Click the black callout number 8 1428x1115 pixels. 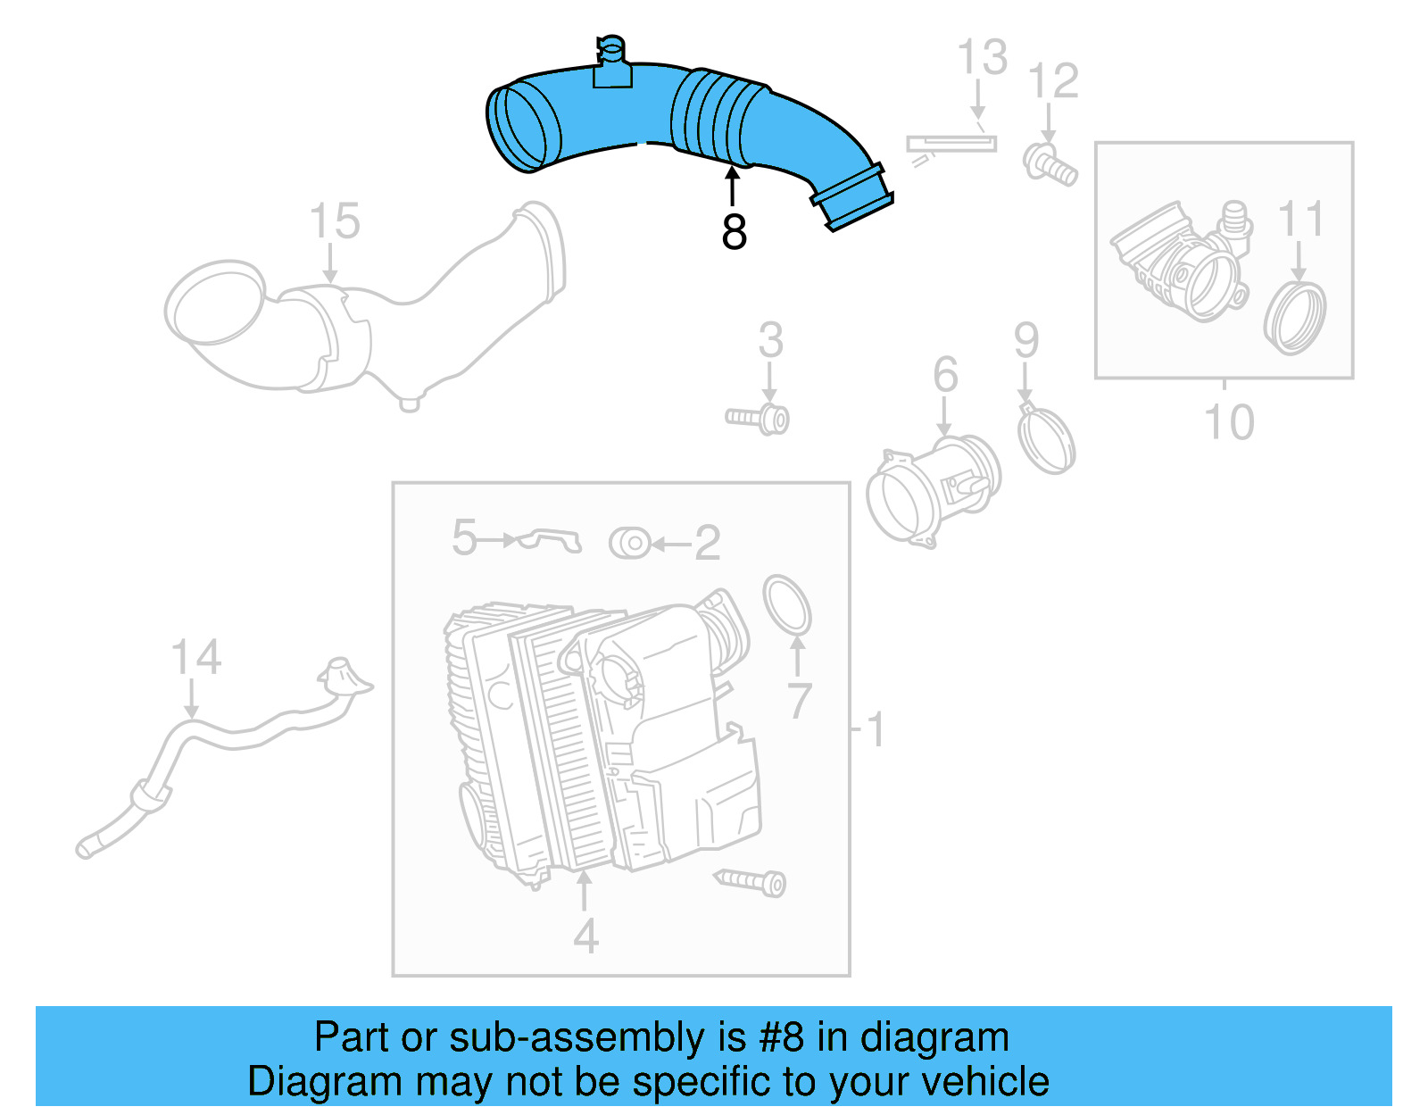[734, 232]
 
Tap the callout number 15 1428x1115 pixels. [335, 221]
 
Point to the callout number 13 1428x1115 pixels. [982, 58]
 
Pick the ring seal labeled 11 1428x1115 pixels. [1295, 318]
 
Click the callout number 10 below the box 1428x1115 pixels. [1229, 422]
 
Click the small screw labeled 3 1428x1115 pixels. [759, 418]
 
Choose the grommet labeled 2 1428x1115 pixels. [630, 543]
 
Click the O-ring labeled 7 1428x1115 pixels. [787, 605]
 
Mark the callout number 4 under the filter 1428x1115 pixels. [585, 936]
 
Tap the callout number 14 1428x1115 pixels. [195, 658]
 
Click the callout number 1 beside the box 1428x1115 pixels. [876, 729]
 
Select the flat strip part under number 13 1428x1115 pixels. [951, 143]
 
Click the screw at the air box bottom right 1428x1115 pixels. [752, 882]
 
